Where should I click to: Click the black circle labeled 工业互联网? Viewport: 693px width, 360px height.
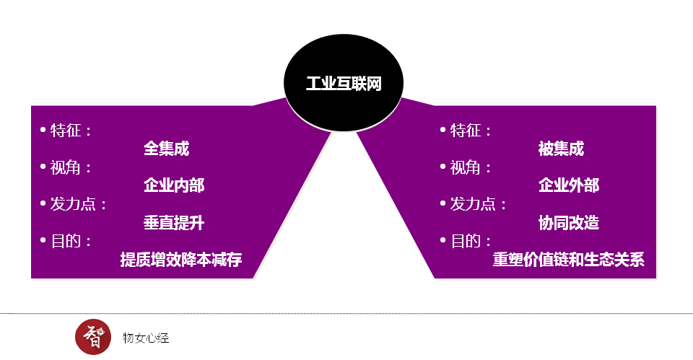[344, 83]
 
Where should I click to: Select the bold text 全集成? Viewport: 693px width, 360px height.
[166, 149]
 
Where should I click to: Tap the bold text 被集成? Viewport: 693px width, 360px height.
[561, 149]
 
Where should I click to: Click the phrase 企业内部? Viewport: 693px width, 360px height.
[174, 185]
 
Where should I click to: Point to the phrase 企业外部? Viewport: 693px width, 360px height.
[569, 185]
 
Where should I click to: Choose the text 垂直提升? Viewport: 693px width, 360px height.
[174, 223]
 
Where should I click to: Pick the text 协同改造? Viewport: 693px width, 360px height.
[569, 223]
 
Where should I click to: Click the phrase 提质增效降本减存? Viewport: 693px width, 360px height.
[180, 260]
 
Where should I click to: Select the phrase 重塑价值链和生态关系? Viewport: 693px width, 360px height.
[568, 260]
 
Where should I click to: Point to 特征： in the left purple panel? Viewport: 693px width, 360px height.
[71, 131]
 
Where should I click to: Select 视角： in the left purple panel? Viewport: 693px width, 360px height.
[71, 167]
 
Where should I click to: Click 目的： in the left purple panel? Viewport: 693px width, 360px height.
[71, 241]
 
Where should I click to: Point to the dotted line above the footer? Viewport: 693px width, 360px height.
[346, 314]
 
